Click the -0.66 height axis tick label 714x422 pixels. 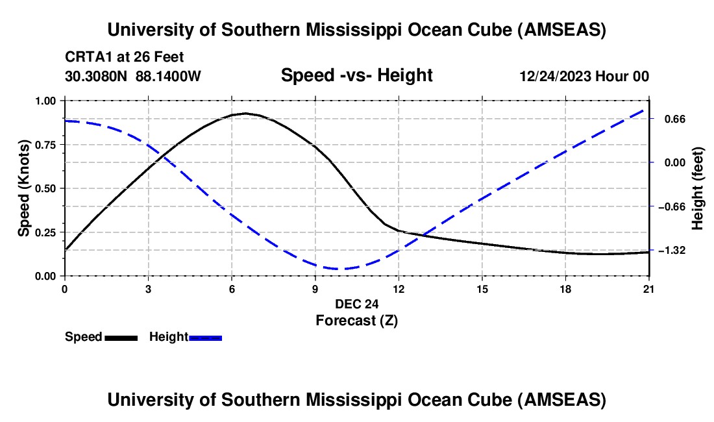point(673,206)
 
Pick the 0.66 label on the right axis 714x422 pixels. point(670,119)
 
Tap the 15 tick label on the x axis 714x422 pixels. point(482,288)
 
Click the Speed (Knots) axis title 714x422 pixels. point(24,188)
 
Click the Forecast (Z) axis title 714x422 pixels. point(356,320)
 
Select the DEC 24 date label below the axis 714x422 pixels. point(356,304)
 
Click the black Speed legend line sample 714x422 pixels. point(121,337)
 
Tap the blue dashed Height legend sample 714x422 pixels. point(205,337)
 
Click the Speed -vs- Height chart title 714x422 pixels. point(356,76)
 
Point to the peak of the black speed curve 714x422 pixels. point(245,113)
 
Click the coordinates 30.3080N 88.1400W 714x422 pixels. point(133,76)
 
